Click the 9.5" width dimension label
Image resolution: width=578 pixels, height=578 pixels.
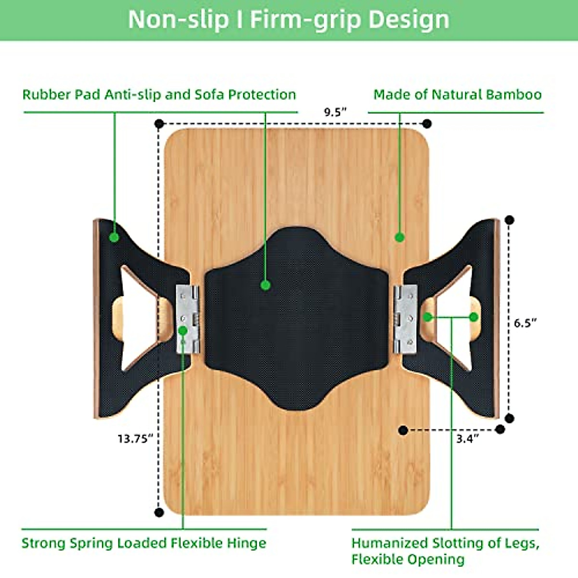[335, 112]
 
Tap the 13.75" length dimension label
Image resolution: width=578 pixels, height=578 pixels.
[135, 438]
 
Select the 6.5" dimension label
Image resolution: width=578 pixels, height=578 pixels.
[525, 323]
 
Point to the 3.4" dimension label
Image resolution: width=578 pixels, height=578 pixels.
[468, 438]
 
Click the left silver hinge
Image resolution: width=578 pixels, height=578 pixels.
[187, 319]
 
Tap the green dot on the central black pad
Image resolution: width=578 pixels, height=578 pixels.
[265, 285]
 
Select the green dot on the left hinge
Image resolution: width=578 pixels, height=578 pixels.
[183, 330]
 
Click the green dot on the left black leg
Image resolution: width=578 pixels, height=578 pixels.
[114, 237]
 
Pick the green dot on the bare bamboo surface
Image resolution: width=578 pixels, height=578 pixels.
[399, 237]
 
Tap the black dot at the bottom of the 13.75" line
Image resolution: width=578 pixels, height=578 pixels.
[159, 512]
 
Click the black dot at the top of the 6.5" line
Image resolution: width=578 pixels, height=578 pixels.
[510, 221]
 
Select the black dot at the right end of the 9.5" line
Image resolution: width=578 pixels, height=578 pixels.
[427, 124]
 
